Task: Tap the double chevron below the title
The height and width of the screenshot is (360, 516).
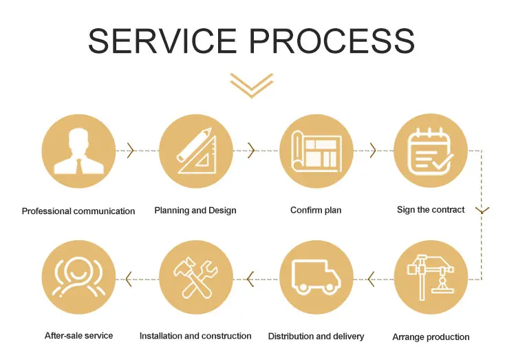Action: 252,85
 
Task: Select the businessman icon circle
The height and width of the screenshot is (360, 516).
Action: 78,151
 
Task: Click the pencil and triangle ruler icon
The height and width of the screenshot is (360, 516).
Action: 196,151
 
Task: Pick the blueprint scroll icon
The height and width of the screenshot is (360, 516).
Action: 316,151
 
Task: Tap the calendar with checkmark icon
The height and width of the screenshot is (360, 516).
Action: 431,151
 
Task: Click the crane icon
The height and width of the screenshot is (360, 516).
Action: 431,277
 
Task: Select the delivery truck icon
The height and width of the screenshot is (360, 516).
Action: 316,277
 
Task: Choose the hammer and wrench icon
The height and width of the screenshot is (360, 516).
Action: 196,277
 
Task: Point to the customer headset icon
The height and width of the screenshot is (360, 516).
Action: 78,277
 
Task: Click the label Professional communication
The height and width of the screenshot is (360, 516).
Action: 78,211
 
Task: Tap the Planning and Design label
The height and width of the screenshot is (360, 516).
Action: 195,210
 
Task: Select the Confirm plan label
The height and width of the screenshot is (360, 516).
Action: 316,210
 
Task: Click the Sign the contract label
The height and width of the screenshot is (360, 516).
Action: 431,209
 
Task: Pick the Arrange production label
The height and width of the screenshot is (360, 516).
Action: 431,337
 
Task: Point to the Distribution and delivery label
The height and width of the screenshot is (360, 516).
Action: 316,337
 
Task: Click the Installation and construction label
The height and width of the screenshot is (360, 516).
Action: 195,336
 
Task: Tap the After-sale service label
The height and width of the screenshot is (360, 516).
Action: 78,335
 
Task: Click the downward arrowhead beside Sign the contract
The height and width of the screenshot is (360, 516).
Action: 482,209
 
